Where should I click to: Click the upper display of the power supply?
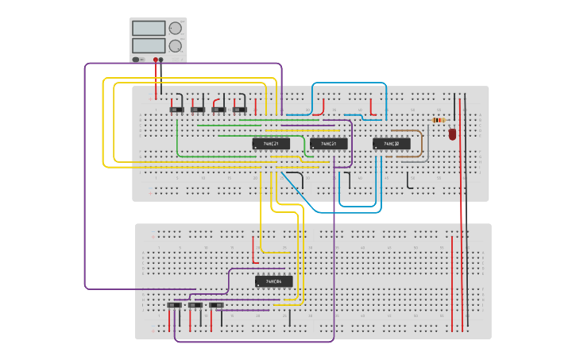149,29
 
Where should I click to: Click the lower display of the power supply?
149,45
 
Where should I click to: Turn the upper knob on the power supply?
175,29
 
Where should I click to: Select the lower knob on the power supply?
175,46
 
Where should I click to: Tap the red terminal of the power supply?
156,60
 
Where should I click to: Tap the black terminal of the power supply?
161,60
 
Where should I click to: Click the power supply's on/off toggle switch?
137,60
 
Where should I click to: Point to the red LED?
452,134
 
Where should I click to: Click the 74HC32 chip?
392,144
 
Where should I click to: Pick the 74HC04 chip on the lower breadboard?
273,281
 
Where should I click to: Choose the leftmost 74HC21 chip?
271,144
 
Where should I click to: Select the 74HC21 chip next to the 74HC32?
328,144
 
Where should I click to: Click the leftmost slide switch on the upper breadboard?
177,109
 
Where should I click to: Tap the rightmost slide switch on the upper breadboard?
239,109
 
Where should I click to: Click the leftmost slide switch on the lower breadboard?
174,305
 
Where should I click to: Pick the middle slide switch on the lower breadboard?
195,305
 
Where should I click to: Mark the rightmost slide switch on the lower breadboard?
216,305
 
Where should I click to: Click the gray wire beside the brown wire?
427,147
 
